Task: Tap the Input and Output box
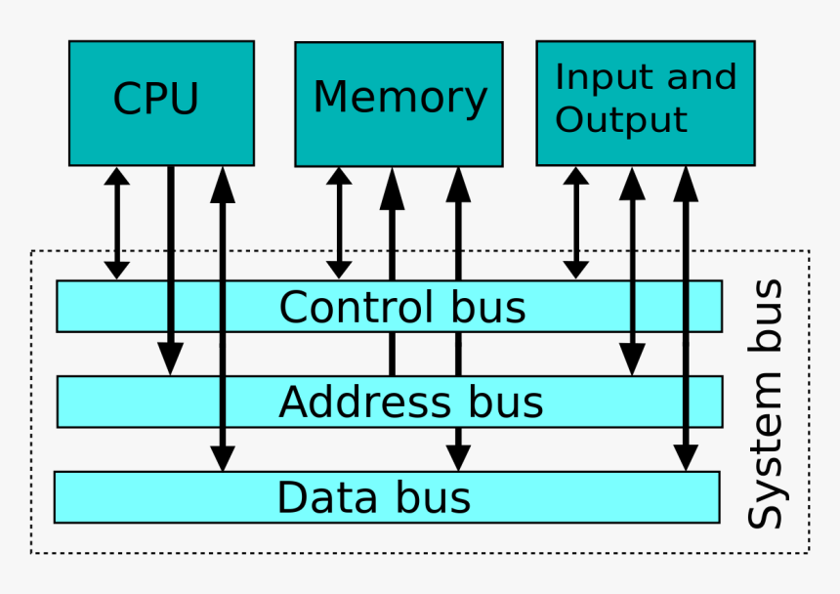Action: click(645, 102)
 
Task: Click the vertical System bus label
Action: click(766, 403)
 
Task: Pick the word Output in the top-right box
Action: click(621, 121)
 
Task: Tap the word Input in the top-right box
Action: click(590, 78)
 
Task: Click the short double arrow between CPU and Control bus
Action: click(117, 223)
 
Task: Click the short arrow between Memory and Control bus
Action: click(340, 223)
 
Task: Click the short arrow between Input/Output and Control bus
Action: click(576, 223)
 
